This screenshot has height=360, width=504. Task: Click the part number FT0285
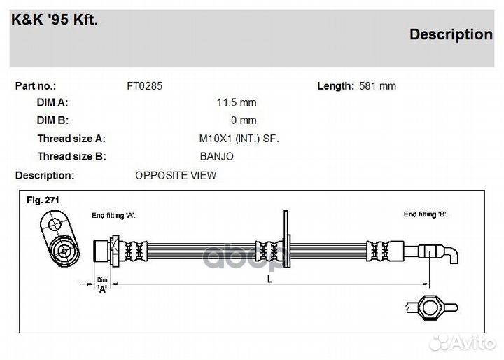tap(145, 86)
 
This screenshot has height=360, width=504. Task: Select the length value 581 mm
tap(378, 86)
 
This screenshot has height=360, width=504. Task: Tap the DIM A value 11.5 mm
tap(237, 103)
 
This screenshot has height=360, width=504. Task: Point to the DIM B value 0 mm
tap(244, 120)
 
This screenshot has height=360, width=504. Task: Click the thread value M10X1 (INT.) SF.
tap(239, 139)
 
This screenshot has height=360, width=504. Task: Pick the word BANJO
tap(216, 156)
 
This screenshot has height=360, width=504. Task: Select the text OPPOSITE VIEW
tap(176, 175)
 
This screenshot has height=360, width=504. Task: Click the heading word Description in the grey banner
tap(451, 34)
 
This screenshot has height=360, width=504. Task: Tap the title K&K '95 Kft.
tap(55, 20)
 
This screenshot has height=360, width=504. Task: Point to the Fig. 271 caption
tap(43, 200)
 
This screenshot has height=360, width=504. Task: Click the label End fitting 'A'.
tap(113, 215)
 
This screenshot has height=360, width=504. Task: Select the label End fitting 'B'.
tap(426, 214)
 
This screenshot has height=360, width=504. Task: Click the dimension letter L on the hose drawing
tap(270, 279)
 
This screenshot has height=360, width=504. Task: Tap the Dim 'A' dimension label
tap(102, 285)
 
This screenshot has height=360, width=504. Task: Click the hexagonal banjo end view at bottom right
tap(432, 307)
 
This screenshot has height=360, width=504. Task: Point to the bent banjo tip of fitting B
tap(453, 256)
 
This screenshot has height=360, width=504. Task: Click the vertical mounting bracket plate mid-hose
tap(286, 239)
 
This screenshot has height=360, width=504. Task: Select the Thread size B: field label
tap(71, 156)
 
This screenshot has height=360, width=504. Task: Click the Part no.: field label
tap(36, 86)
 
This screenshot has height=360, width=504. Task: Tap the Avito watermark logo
tap(463, 343)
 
